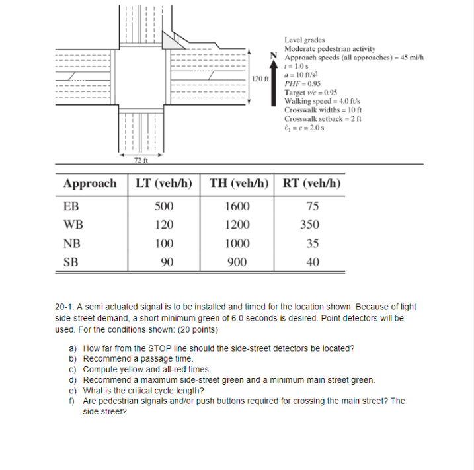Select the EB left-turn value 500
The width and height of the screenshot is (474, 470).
(164, 206)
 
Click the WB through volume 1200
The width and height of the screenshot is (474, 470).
(237, 224)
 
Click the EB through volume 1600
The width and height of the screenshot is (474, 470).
(237, 206)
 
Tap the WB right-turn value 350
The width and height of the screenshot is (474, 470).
(309, 224)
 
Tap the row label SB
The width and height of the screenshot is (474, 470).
(71, 262)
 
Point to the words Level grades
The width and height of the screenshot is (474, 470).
(304, 40)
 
